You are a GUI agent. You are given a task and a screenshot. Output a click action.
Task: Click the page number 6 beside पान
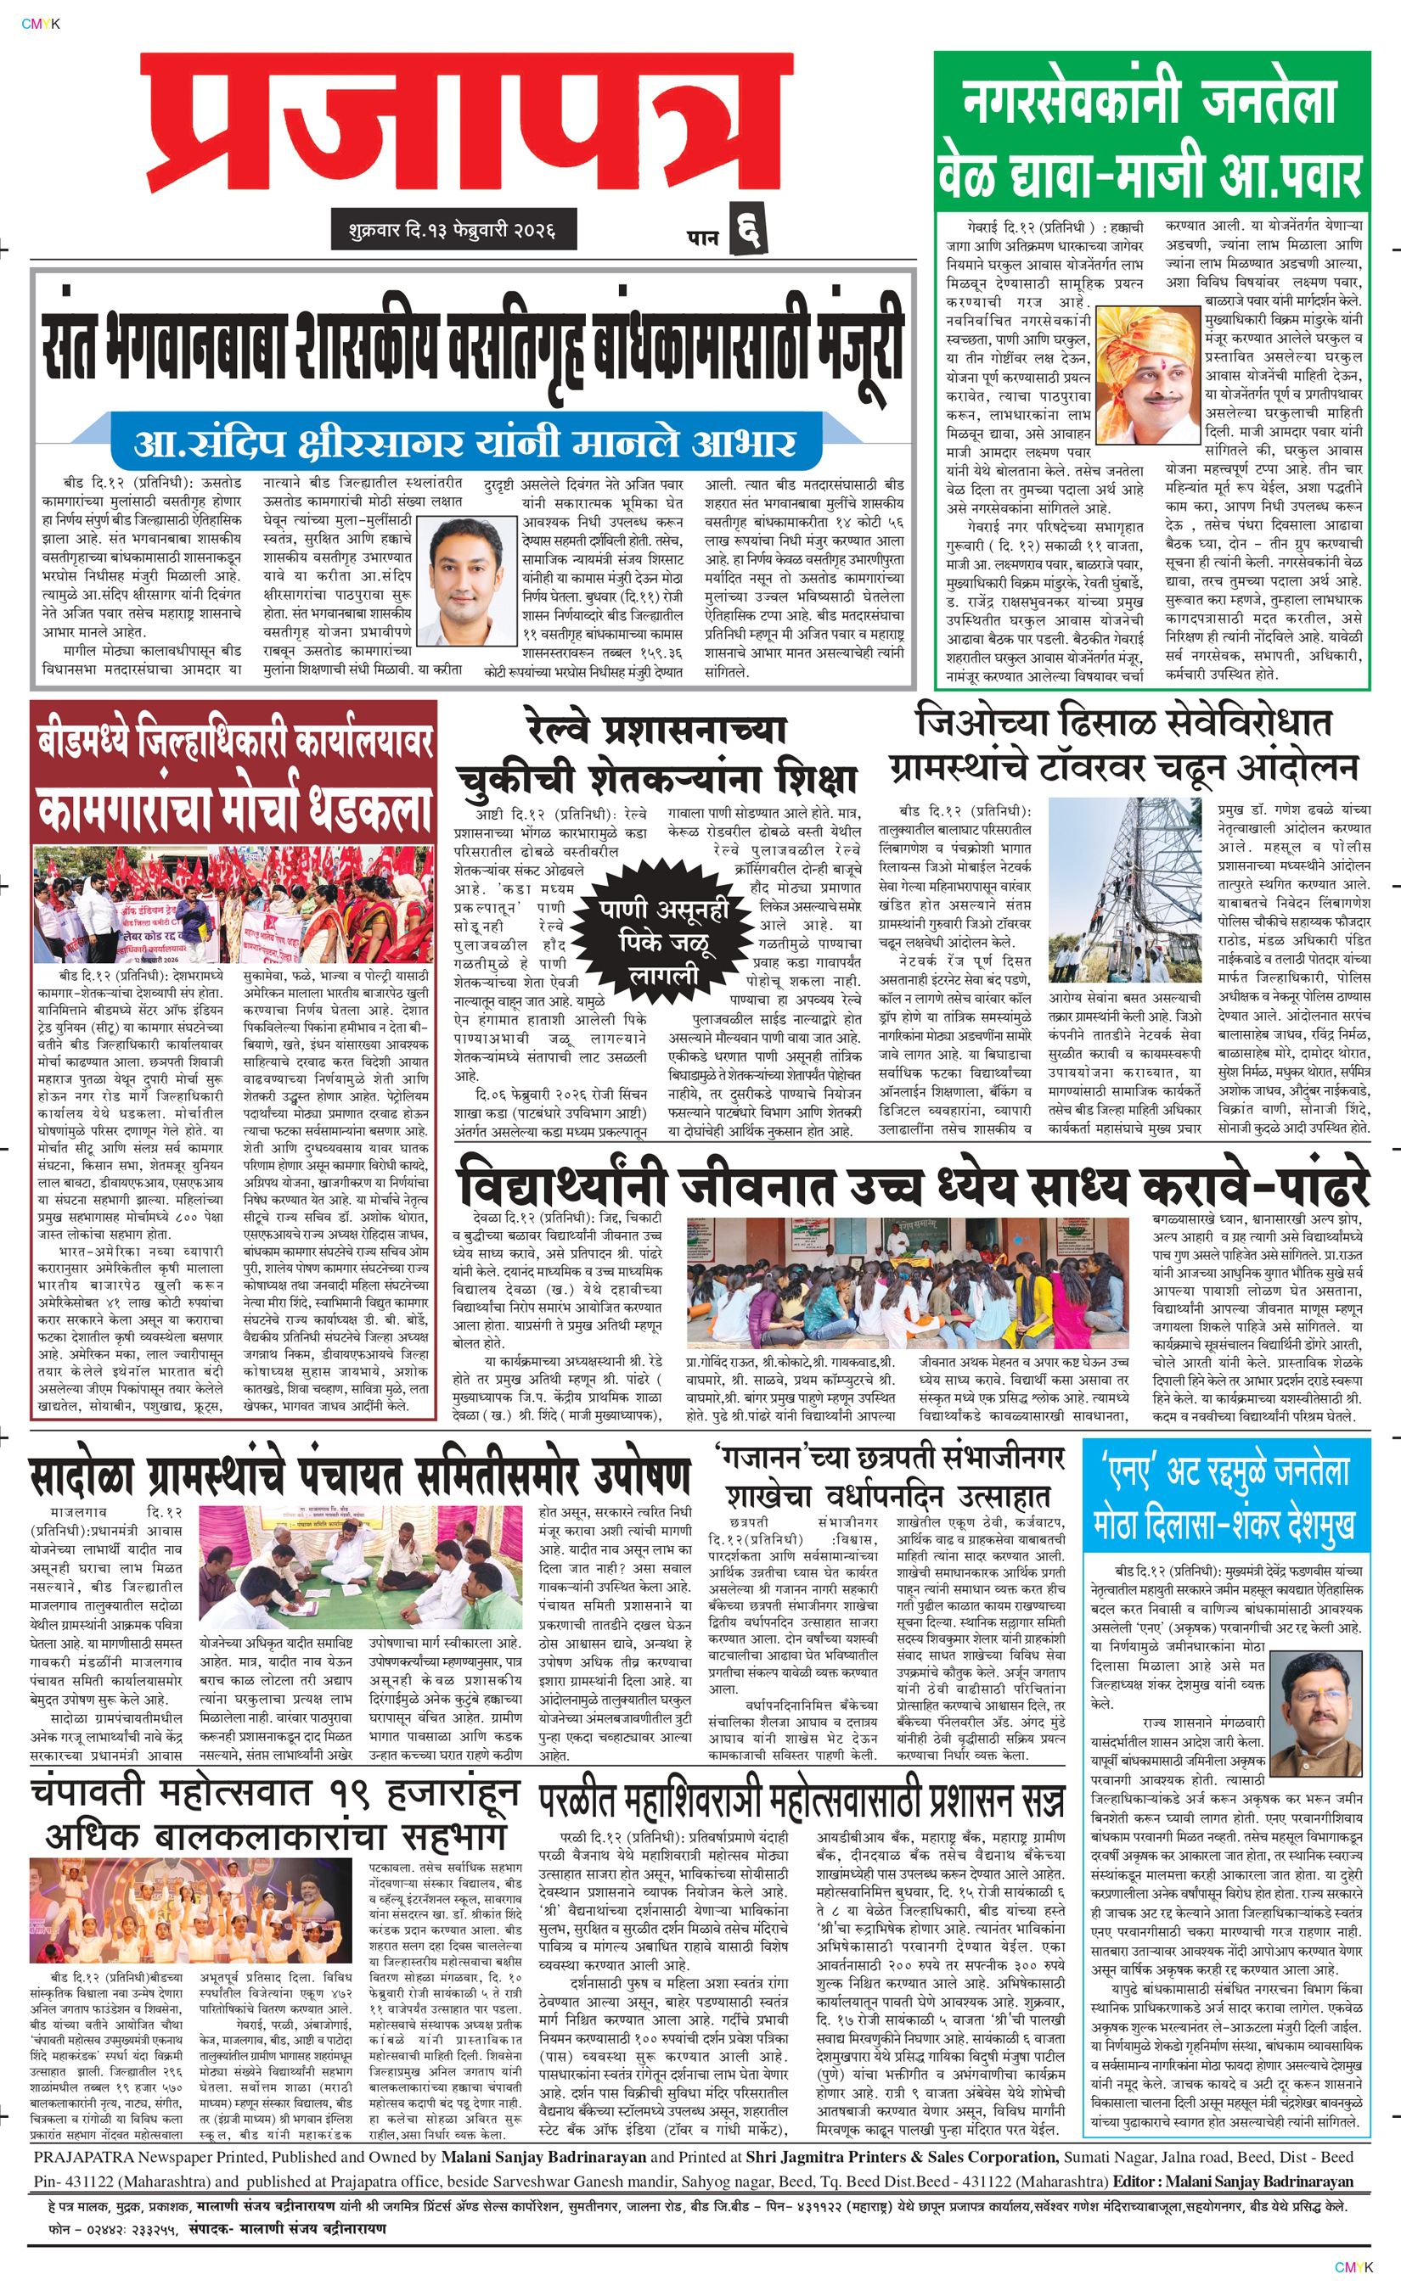coord(749,227)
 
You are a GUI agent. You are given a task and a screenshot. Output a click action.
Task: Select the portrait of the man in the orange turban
coord(1147,376)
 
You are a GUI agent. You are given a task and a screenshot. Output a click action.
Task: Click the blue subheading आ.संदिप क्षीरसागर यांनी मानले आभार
coord(464,443)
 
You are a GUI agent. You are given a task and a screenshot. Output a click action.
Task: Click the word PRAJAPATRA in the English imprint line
coord(87,2183)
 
